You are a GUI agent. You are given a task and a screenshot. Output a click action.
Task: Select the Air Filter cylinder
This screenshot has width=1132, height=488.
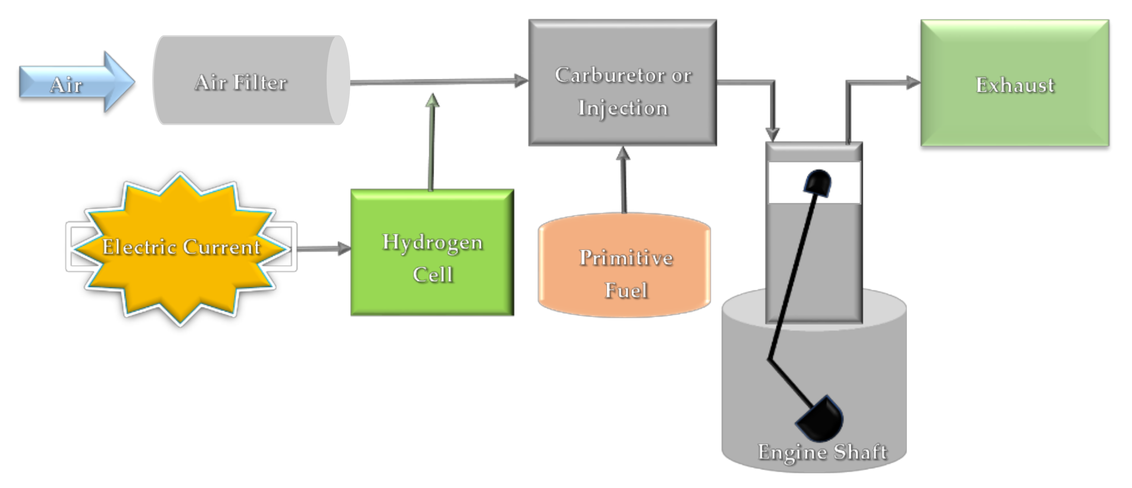point(246,81)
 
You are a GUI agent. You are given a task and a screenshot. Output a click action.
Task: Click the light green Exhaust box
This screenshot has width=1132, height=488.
point(1015,84)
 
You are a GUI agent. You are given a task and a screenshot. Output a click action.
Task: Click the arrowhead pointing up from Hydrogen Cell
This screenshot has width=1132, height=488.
point(432,101)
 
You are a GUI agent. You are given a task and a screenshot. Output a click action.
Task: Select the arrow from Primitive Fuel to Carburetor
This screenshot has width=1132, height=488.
point(623,180)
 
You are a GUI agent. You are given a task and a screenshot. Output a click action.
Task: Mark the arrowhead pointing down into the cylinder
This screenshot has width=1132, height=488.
point(772,134)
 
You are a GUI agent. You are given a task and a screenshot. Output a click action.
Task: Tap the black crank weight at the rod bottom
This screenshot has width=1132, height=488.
point(821,419)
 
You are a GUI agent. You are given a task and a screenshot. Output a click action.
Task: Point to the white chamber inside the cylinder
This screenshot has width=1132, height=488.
point(787,182)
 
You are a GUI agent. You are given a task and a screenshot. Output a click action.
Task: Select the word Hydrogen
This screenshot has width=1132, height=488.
point(432,243)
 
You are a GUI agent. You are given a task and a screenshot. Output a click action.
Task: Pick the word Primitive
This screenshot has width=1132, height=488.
point(626,258)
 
